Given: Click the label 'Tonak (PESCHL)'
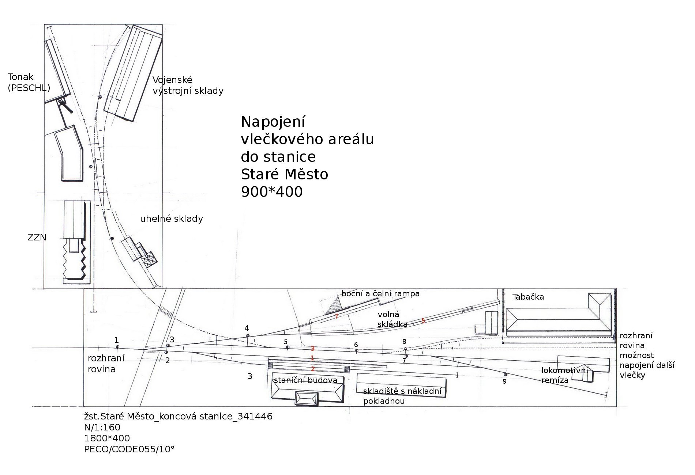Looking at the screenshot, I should coord(29,82).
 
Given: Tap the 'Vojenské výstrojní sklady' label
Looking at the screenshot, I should coord(188,85).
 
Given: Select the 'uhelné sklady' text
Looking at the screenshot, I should coord(172,219).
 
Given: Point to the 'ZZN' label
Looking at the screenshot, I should coord(37,237).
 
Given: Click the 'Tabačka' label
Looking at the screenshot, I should coord(528,297).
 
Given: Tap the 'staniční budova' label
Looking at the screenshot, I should coord(305,380).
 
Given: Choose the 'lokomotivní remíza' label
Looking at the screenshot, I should coord(564,375).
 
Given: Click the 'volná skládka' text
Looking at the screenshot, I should coord(392,319).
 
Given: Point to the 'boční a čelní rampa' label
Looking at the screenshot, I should coord(380,293).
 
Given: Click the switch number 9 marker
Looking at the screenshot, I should coord(504,381).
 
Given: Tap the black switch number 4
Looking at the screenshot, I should coord(247,328).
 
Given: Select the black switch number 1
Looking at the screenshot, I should coord(117,340).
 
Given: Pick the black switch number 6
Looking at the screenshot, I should coord(356,345).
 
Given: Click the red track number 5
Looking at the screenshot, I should coord(423,321).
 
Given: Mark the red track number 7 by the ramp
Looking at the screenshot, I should coord(336,316).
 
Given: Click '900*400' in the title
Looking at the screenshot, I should coord(272,192).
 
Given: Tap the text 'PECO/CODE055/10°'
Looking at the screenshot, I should coord(129,449).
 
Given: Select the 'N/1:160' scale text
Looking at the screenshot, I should coord(102,427).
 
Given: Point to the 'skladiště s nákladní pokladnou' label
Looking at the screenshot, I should coord(402,396).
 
